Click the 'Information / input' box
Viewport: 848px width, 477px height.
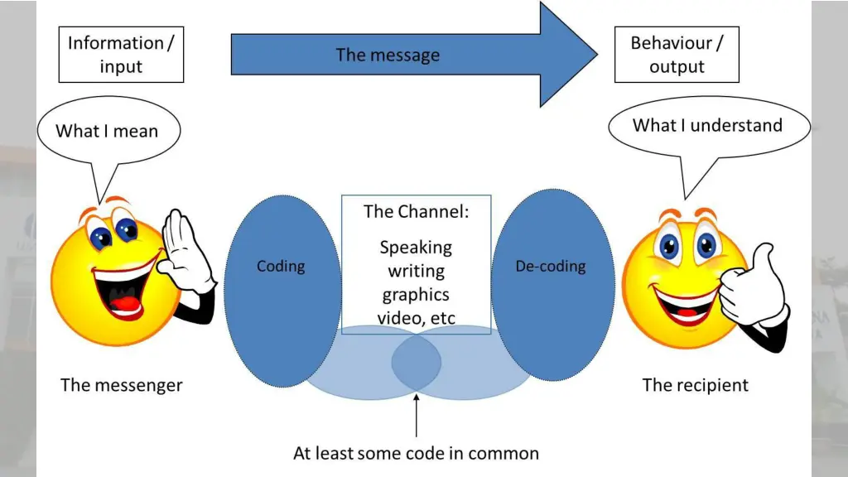click(x=121, y=55)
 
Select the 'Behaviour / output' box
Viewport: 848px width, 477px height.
click(x=676, y=55)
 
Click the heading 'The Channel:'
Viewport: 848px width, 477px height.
click(x=416, y=211)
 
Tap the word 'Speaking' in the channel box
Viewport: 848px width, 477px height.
click(x=416, y=247)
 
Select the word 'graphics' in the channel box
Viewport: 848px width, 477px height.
click(x=416, y=295)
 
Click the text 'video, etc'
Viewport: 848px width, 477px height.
click(x=416, y=318)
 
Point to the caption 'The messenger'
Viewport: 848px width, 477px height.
click(x=121, y=385)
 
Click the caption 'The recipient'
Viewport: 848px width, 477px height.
click(x=695, y=385)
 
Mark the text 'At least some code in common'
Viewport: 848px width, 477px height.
click(x=416, y=453)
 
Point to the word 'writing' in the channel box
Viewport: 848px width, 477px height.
click(x=416, y=271)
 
